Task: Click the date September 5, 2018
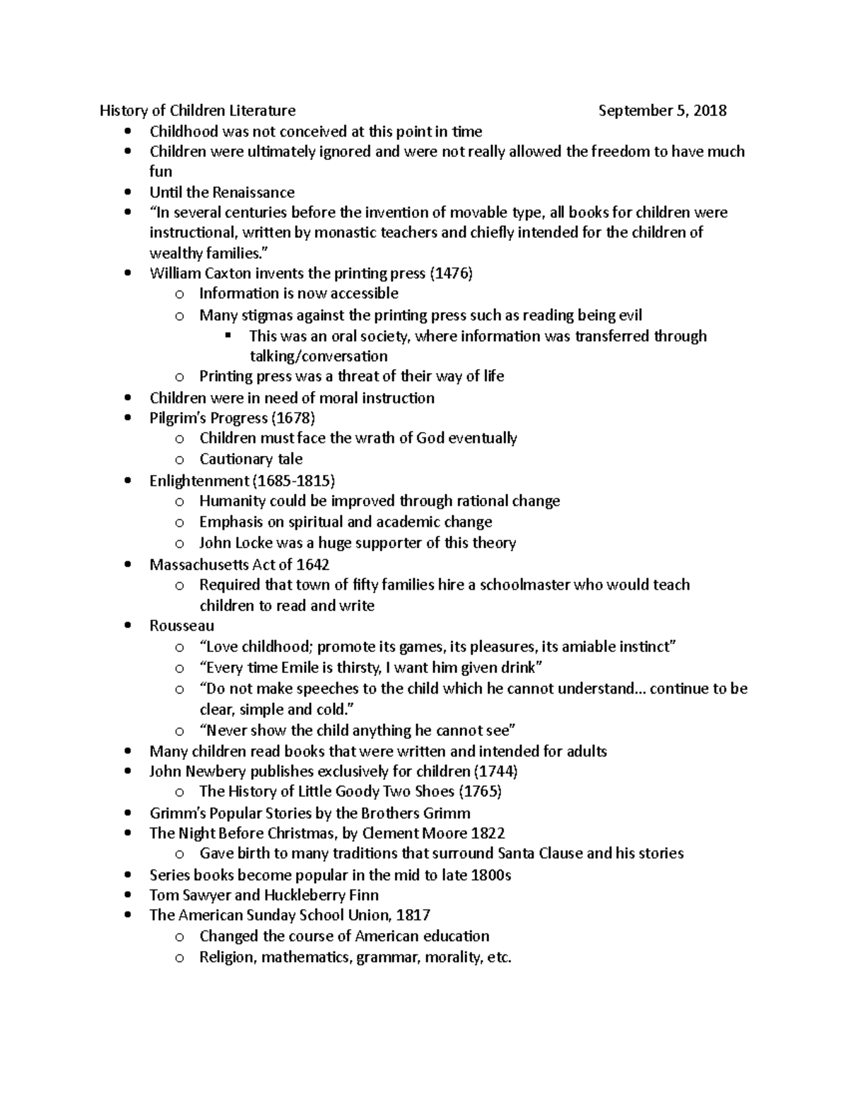662,111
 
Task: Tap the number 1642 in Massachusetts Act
313,565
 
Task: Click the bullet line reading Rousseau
182,626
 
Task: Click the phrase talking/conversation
318,356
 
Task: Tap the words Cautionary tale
251,460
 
